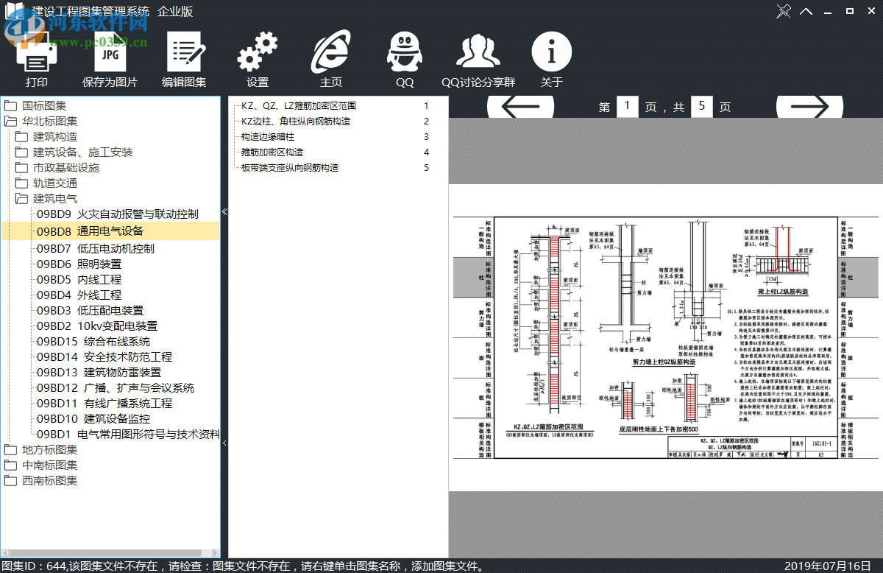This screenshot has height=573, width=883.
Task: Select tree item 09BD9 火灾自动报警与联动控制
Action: point(118,214)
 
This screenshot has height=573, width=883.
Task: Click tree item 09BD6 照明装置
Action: point(79,264)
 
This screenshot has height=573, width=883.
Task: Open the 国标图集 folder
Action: point(44,106)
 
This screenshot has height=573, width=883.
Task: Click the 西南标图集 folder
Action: point(49,481)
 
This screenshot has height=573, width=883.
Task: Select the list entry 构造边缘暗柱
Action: point(268,137)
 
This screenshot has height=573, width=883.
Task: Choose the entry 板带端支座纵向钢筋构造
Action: point(290,168)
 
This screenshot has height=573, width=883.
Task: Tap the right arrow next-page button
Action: point(809,107)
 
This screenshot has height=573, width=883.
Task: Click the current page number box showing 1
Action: point(627,107)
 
